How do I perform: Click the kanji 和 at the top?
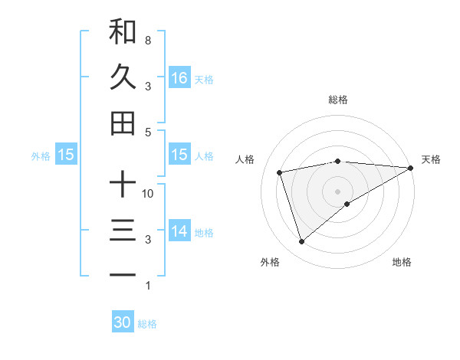[123, 31]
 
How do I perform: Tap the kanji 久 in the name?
[123, 77]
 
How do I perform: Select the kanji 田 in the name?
[123, 123]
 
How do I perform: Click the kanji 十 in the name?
[123, 185]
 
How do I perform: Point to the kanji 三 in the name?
[123, 231]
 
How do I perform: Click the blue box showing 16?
[179, 77]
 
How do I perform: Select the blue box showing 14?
[179, 231]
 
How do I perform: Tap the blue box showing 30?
[123, 322]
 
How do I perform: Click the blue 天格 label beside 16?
[204, 79]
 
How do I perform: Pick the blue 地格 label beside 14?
[204, 232]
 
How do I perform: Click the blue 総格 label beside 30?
[147, 324]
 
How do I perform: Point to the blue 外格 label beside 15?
[41, 155]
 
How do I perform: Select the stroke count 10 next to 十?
[148, 193]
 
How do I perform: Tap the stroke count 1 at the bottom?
[147, 286]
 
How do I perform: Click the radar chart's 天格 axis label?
[431, 159]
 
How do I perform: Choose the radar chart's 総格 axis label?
[337, 100]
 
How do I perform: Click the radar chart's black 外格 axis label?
[270, 262]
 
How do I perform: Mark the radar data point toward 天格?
[411, 168]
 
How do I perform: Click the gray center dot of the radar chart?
[337, 191]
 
